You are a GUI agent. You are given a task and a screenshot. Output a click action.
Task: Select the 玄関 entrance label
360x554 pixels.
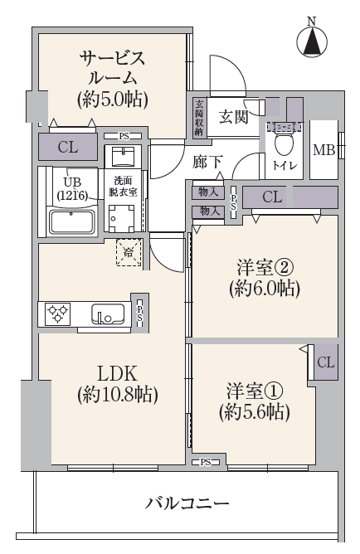click(x=233, y=117)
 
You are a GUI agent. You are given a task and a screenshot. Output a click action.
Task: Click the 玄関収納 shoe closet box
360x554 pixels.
click(x=199, y=117)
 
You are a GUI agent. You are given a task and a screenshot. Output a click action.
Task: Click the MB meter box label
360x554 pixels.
click(x=324, y=150)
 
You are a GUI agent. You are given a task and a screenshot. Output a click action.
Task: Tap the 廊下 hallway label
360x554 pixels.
click(x=207, y=163)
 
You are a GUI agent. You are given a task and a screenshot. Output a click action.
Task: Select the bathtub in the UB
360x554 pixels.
click(x=71, y=222)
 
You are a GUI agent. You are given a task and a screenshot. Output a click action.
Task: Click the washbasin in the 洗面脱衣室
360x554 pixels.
click(x=123, y=156)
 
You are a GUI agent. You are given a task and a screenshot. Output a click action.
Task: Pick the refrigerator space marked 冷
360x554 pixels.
click(x=129, y=252)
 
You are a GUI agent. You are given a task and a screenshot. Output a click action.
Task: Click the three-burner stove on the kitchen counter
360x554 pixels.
click(x=57, y=313)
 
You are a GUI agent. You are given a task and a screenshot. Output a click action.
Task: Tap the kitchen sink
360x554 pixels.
click(x=108, y=313)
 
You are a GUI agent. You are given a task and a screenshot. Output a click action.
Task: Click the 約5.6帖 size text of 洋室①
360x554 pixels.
click(x=254, y=412)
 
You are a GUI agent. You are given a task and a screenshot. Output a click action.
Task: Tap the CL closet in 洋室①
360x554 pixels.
click(x=325, y=362)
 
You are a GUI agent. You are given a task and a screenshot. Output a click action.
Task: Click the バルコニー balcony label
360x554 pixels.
click(x=187, y=503)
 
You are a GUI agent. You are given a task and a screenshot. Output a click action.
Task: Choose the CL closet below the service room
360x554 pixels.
click(x=67, y=147)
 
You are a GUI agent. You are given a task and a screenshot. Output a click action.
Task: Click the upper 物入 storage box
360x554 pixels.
click(x=208, y=192)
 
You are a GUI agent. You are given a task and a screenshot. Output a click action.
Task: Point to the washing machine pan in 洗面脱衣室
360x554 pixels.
click(x=122, y=218)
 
